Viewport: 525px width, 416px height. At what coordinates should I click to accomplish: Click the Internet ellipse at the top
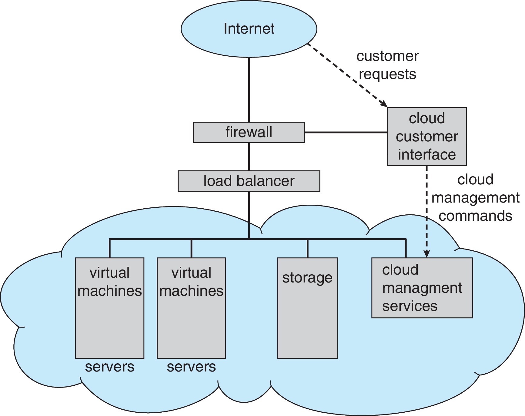click(x=249, y=29)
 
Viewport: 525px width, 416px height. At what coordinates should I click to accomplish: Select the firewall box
click(x=249, y=132)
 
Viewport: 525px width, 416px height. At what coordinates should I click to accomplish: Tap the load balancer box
click(x=249, y=181)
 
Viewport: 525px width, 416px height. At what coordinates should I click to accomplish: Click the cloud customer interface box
click(x=427, y=136)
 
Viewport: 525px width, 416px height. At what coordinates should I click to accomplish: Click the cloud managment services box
click(x=422, y=288)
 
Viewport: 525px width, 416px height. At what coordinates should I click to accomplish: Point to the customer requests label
click(x=387, y=65)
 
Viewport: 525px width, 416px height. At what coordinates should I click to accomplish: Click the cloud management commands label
click(x=475, y=198)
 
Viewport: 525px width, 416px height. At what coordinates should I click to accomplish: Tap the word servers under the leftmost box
click(x=109, y=367)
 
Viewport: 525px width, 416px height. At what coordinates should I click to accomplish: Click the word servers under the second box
click(x=191, y=367)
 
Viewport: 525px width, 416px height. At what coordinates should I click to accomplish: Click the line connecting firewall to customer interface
click(x=346, y=132)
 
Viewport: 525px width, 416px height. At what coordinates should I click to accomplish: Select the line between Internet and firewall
click(x=249, y=89)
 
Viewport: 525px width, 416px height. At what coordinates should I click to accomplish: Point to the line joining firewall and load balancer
click(x=249, y=157)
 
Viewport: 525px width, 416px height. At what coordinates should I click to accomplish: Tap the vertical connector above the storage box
click(x=307, y=248)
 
